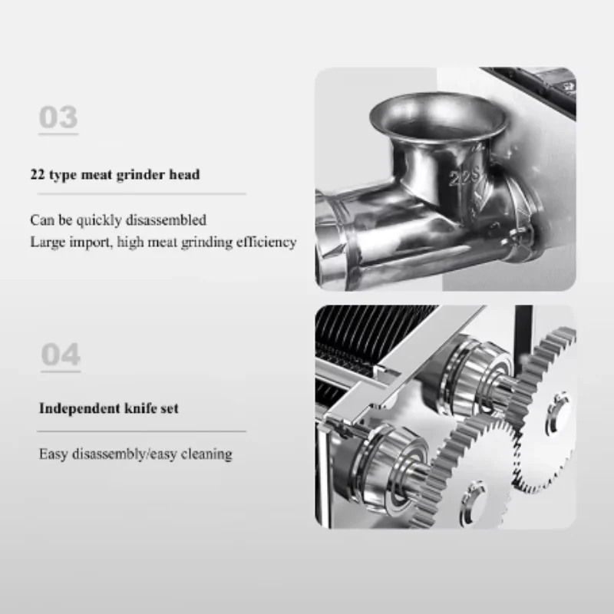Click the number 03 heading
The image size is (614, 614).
[58, 117]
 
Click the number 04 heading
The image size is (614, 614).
[61, 355]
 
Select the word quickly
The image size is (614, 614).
[99, 220]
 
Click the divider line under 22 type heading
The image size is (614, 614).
[142, 194]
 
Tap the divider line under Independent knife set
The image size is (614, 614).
[142, 431]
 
